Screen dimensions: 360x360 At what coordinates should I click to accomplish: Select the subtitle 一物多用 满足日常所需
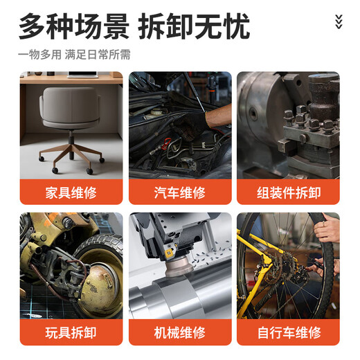pyautogui.click(x=75, y=54)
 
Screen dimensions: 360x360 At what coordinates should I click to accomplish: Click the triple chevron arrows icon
pyautogui.click(x=338, y=21)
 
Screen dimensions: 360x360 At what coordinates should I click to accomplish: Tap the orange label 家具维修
pyautogui.click(x=71, y=192)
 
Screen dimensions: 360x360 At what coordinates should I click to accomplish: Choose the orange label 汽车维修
pyautogui.click(x=179, y=192)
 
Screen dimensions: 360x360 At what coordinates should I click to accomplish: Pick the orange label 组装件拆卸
pyautogui.click(x=288, y=192)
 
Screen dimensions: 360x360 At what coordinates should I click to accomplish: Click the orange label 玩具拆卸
pyautogui.click(x=71, y=333)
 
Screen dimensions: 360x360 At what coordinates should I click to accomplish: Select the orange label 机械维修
pyautogui.click(x=179, y=333)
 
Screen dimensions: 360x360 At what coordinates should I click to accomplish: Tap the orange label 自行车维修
pyautogui.click(x=288, y=333)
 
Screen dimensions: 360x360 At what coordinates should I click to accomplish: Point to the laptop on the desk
pyautogui.click(x=82, y=74)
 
